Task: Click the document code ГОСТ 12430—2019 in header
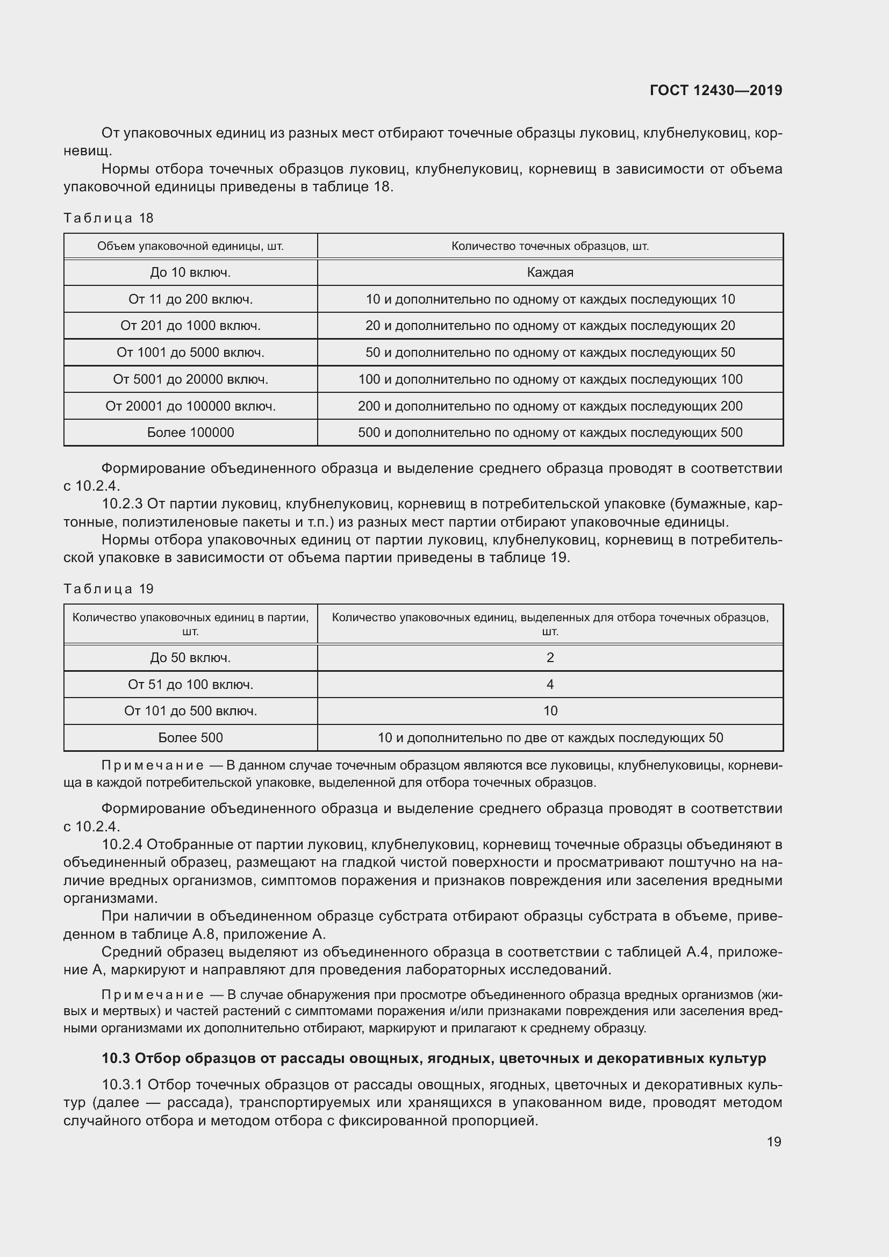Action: (715, 90)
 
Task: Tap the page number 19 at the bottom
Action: (773, 1141)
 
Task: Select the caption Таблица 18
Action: (109, 218)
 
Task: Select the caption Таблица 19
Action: (109, 588)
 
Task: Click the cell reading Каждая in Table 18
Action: (550, 272)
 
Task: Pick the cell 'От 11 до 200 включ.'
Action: (190, 299)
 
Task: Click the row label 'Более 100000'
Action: (190, 433)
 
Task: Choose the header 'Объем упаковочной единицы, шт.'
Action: (190, 246)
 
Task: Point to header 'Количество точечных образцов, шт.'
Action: (550, 246)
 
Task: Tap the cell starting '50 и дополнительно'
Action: (550, 352)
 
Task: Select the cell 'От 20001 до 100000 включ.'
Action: (190, 406)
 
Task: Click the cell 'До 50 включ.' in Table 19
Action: (190, 657)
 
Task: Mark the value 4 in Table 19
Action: (550, 684)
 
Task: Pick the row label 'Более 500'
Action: (190, 737)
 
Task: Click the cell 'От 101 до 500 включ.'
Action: (190, 710)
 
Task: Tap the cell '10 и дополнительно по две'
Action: (550, 737)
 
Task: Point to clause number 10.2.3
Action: (122, 504)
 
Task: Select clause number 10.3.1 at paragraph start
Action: (122, 1084)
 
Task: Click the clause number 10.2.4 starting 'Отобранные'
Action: (122, 844)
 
